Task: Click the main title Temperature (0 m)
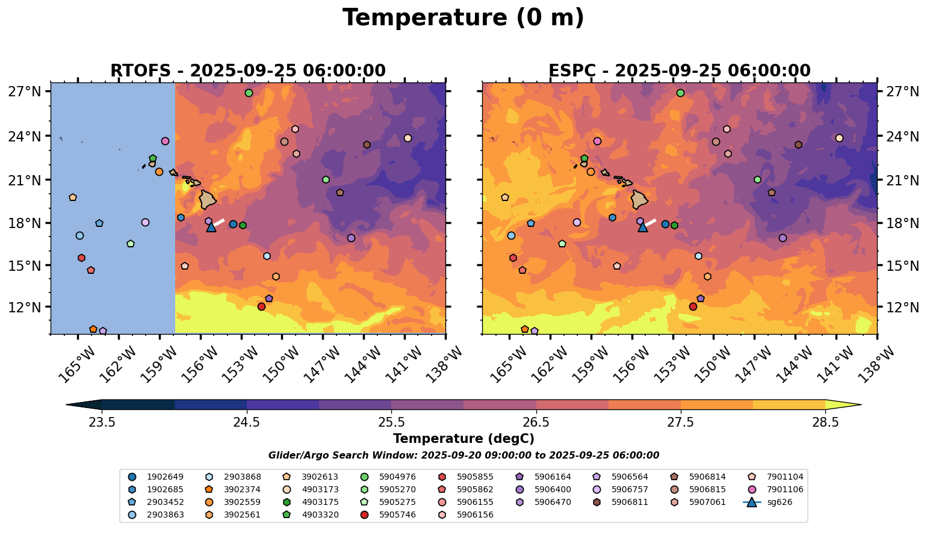[463, 18]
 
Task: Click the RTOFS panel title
[248, 71]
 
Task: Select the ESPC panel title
[680, 71]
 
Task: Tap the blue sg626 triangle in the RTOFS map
[211, 227]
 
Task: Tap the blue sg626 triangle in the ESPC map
[643, 227]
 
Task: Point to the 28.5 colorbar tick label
[825, 422]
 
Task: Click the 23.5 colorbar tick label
[102, 422]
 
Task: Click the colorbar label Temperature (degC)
[463, 439]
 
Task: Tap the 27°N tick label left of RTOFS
[24, 91]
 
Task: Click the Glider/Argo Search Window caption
[463, 456]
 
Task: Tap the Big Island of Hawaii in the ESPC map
[640, 199]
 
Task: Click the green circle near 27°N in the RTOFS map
[249, 93]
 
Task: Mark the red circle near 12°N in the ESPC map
[693, 306]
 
